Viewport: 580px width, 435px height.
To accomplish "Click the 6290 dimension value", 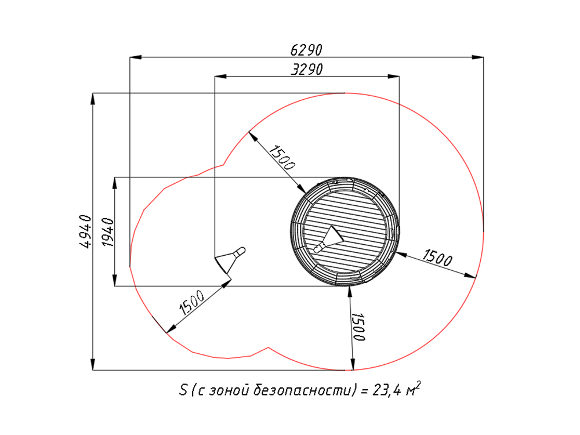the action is click(x=306, y=50).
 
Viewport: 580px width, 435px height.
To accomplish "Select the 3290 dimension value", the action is click(x=307, y=70).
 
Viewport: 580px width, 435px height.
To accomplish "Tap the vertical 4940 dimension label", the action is click(x=85, y=231).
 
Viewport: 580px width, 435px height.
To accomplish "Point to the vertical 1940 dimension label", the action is click(x=108, y=233).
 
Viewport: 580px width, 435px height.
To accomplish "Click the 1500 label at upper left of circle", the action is click(x=282, y=157).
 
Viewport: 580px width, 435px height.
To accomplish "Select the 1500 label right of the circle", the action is click(x=437, y=258).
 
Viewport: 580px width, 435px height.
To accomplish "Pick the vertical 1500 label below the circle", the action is click(x=358, y=327).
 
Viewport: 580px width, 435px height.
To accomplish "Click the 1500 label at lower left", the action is click(x=191, y=302).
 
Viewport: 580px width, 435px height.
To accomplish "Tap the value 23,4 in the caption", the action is click(x=386, y=390).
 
